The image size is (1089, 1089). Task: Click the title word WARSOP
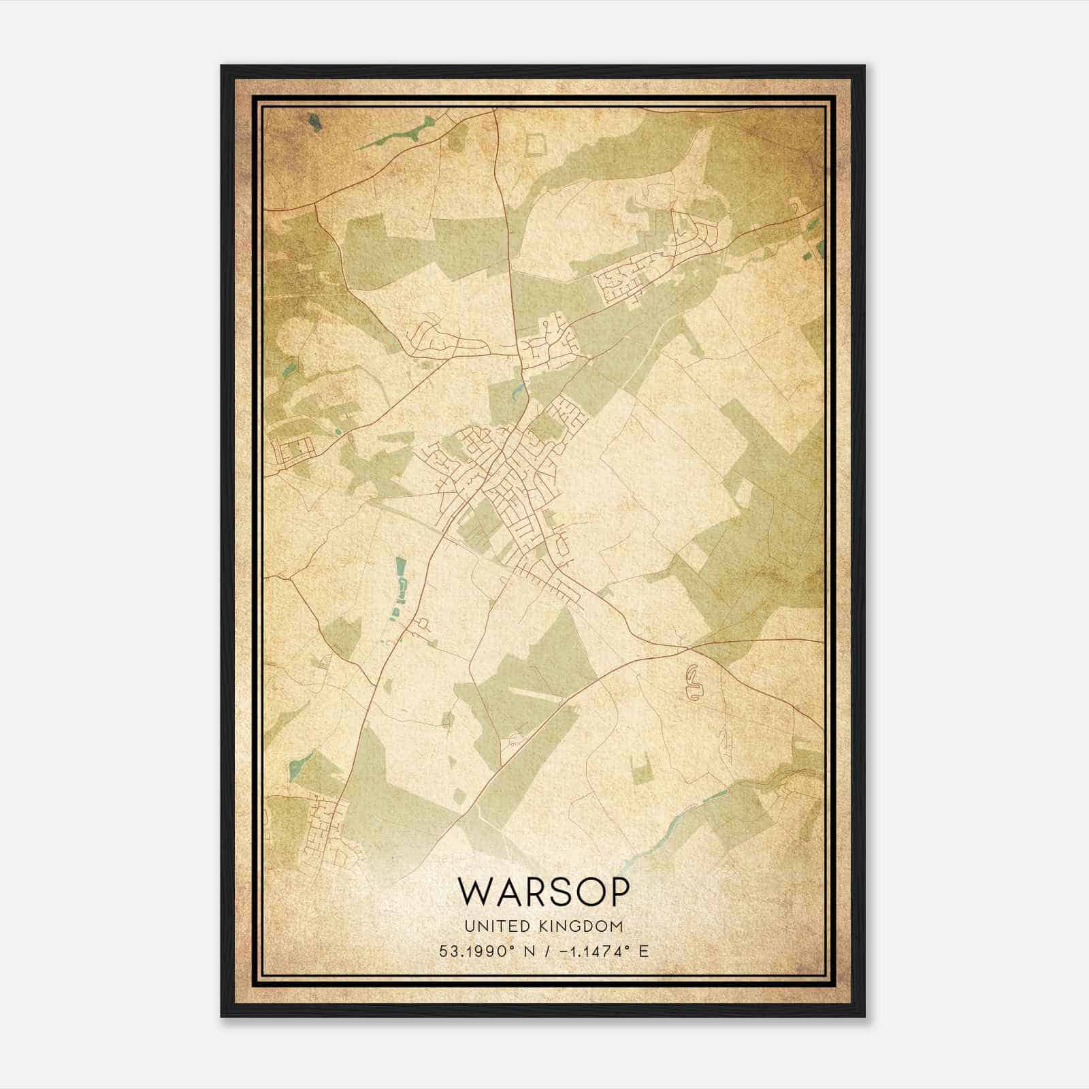543,892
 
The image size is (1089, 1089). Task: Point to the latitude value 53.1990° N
487,950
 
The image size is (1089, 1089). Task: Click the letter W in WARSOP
476,892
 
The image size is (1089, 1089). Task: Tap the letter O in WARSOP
581,892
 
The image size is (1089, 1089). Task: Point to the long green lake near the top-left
398,133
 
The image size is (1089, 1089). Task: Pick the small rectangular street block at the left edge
291,450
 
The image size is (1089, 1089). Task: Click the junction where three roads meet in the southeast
683,645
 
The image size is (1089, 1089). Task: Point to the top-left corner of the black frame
222,66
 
